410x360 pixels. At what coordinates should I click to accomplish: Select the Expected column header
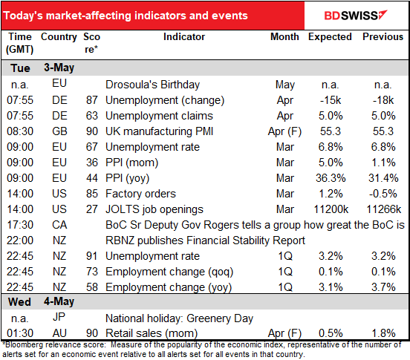(x=329, y=36)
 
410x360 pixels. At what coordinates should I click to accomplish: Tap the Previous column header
(x=383, y=36)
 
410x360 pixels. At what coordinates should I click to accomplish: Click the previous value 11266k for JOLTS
(x=383, y=209)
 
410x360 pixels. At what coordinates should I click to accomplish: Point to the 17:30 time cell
(x=19, y=224)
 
